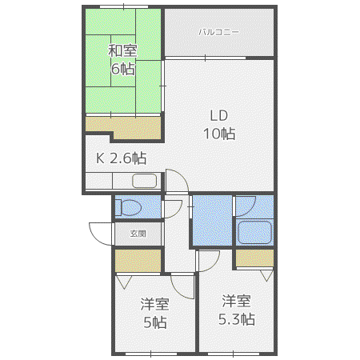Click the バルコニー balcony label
point(218,32)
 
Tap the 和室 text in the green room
point(122,50)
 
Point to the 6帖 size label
point(123,69)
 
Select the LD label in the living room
point(219,116)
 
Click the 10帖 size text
point(219,134)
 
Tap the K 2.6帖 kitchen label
point(122,158)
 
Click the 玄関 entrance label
point(138,234)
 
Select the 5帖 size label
point(155,322)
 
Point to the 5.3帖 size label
point(237,319)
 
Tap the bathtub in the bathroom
point(254,232)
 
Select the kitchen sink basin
point(144,181)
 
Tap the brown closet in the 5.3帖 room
point(254,258)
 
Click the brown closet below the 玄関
point(138,261)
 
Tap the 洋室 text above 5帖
point(155,304)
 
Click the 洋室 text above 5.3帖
point(237,301)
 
